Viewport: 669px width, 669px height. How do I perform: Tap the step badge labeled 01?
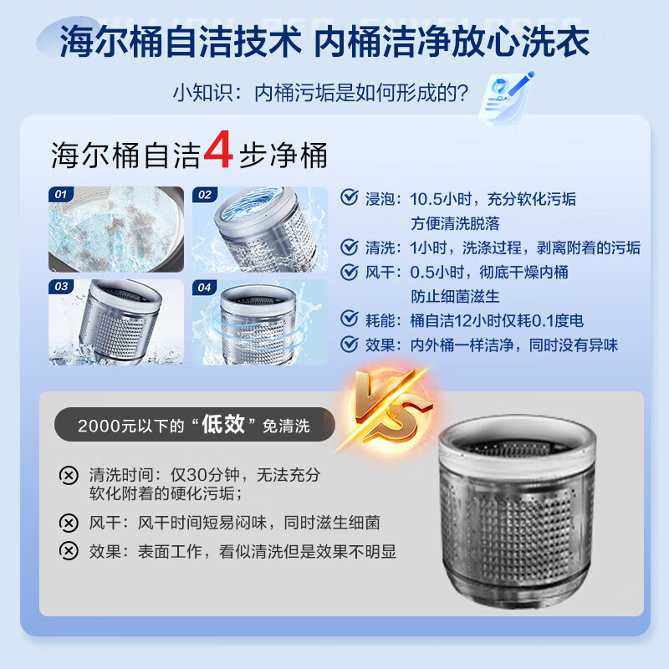click(x=60, y=195)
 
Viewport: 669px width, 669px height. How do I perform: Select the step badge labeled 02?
click(x=204, y=195)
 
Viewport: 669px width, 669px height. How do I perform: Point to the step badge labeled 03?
click(x=60, y=287)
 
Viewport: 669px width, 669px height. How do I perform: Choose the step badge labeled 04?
click(x=204, y=287)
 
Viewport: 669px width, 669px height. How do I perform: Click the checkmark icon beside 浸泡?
click(x=349, y=198)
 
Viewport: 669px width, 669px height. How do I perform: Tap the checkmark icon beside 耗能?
click(x=349, y=319)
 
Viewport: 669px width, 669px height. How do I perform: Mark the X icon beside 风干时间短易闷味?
click(x=69, y=523)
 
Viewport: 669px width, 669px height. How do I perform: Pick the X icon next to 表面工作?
click(x=69, y=551)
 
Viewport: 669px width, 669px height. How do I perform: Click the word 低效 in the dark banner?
click(x=223, y=424)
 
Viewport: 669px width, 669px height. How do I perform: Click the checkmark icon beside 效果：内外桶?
click(x=349, y=344)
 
